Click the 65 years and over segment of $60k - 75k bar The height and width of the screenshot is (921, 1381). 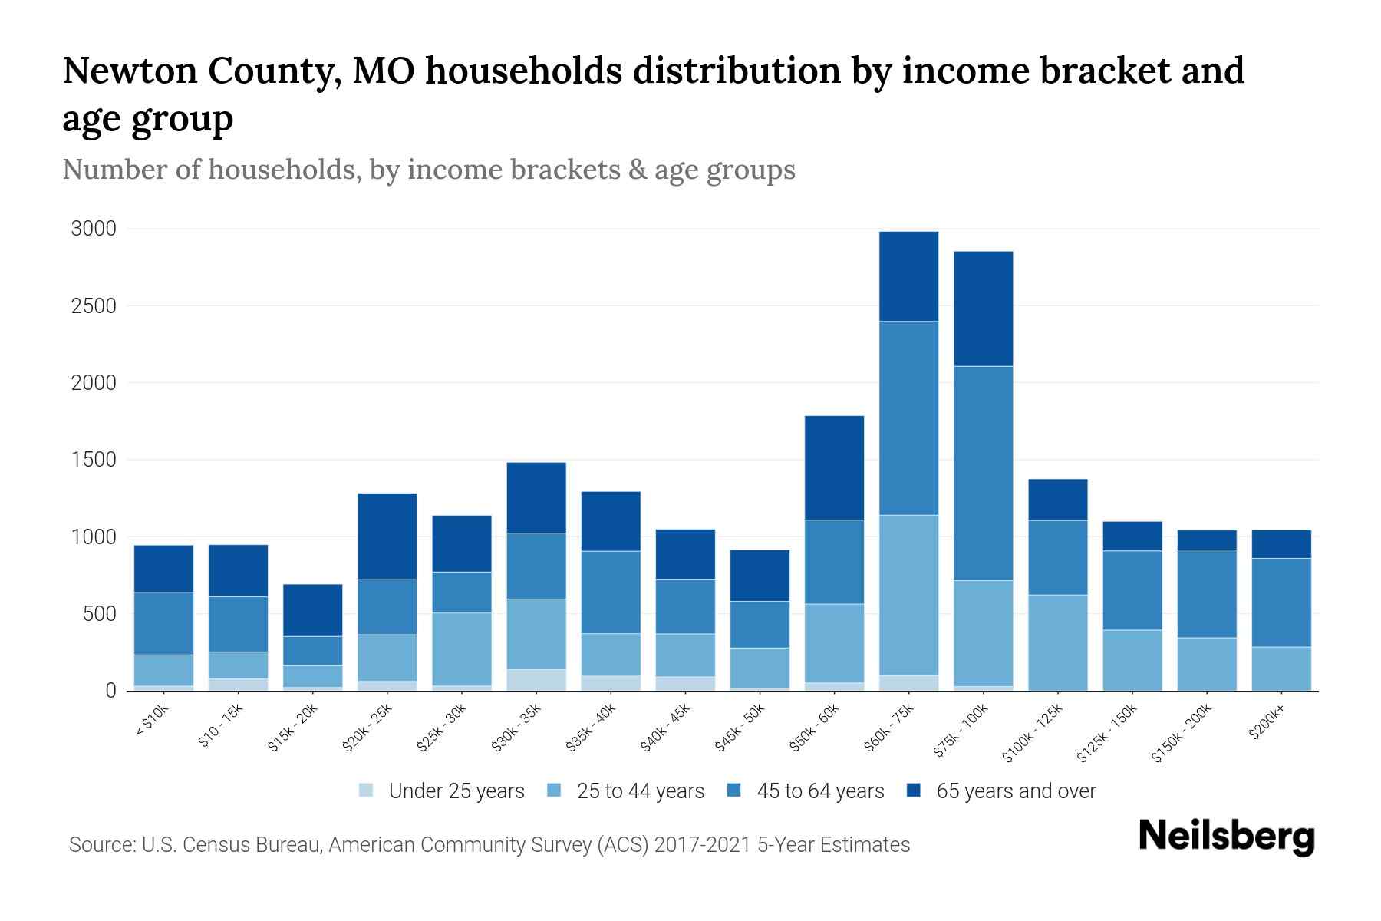[x=908, y=276]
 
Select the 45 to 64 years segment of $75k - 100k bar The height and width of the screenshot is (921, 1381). [x=983, y=473]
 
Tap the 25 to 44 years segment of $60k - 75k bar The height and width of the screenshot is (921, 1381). [x=908, y=595]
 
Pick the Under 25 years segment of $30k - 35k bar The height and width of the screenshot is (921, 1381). [x=536, y=680]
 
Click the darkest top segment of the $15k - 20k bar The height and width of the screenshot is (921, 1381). [x=313, y=610]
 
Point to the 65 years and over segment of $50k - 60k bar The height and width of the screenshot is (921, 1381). [x=834, y=467]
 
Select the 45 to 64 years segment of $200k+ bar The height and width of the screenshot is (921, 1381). [x=1281, y=602]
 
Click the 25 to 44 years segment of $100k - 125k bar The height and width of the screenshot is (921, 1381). [x=1057, y=642]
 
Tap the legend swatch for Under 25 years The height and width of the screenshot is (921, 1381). [x=367, y=791]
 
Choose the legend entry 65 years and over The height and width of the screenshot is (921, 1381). [x=1015, y=791]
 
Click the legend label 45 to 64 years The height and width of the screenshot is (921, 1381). [x=820, y=791]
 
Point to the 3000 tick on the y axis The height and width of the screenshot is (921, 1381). [x=94, y=229]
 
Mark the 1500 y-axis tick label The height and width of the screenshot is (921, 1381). [x=94, y=460]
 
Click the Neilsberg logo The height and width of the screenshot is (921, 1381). [x=1226, y=837]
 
